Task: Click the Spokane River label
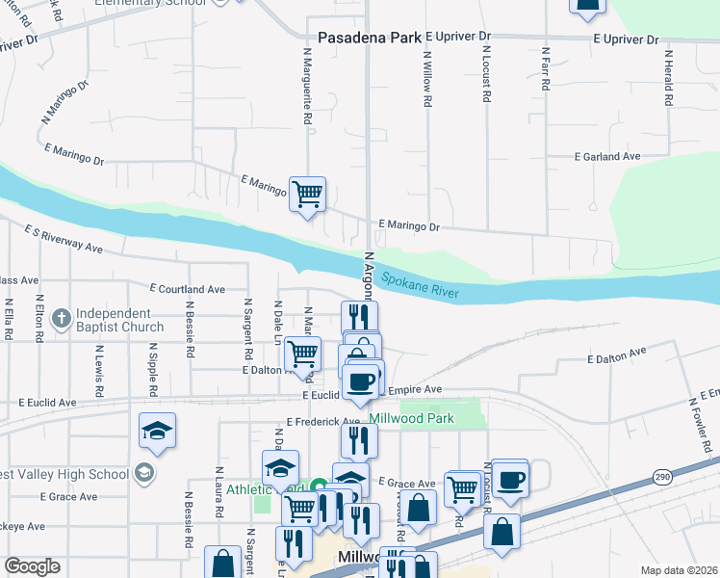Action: coord(420,285)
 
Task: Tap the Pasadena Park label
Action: coord(370,38)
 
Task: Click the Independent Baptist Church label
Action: coord(120,320)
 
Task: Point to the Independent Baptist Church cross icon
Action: coord(61,317)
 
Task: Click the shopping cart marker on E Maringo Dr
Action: coord(307,194)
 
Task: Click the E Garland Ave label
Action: coord(607,156)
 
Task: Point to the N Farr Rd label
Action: coord(546,69)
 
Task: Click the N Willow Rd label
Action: coord(426,77)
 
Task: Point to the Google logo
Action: coord(32,566)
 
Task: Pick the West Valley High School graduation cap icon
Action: coord(143,472)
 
